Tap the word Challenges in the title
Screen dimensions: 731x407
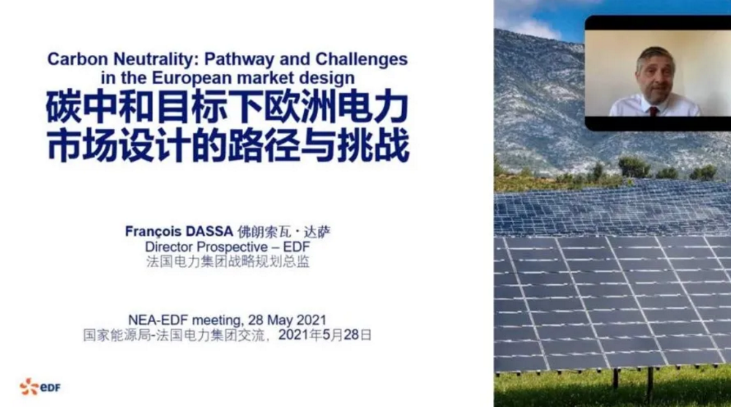(361, 59)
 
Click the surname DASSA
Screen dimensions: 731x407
(209, 231)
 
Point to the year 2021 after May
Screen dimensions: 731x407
(311, 321)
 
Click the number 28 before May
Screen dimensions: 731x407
(256, 321)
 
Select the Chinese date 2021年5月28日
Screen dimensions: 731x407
(324, 335)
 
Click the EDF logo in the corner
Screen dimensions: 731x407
(40, 387)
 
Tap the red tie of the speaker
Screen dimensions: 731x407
(653, 111)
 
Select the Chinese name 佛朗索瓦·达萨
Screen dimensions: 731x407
(284, 231)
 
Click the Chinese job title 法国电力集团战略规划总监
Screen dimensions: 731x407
(228, 262)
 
